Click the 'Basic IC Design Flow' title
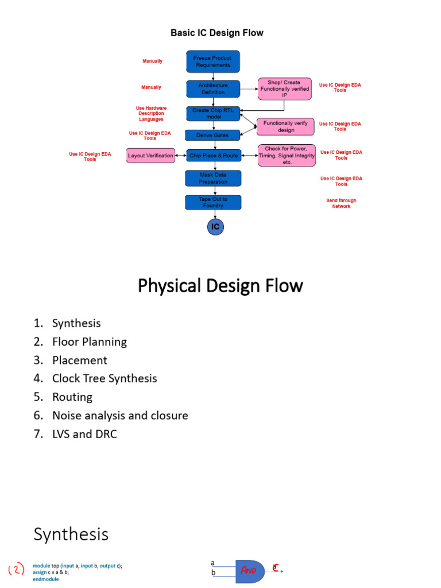tap(216, 33)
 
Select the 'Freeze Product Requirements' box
tap(213, 61)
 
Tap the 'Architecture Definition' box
tap(213, 88)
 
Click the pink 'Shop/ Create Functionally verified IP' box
tap(285, 88)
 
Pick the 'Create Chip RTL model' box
tap(213, 113)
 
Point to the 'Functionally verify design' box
tap(285, 126)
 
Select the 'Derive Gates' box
tap(212, 136)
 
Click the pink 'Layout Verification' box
tap(150, 155)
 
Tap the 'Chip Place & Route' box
tap(214, 155)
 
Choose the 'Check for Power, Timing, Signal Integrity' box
tap(287, 155)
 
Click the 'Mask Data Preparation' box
tap(213, 178)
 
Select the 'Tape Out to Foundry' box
tap(213, 202)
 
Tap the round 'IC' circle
tap(215, 227)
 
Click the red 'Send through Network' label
tap(341, 203)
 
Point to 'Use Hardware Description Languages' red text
tap(151, 113)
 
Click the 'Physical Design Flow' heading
tap(220, 285)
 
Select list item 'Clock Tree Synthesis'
tap(104, 378)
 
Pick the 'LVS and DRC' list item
tap(84, 434)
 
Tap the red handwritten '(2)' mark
tap(16, 570)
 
